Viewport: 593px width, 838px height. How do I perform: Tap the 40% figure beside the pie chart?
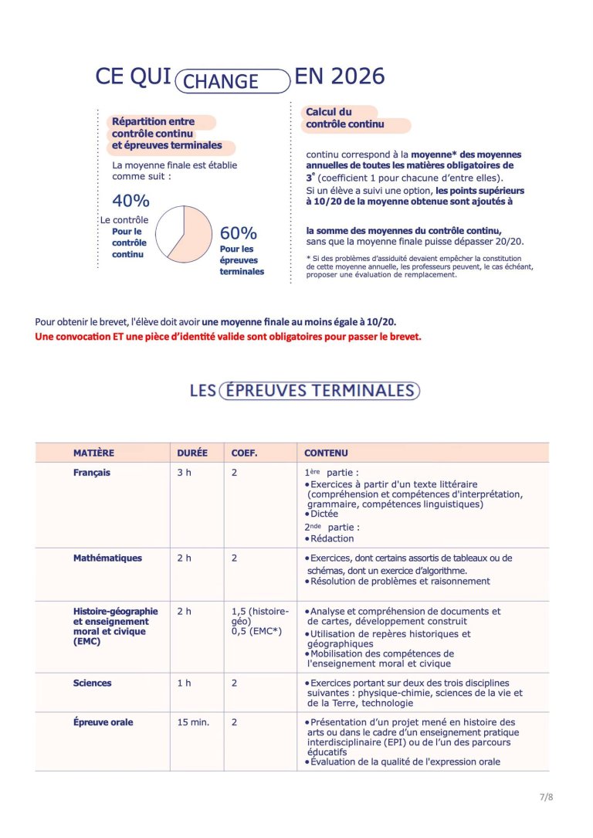pyautogui.click(x=130, y=202)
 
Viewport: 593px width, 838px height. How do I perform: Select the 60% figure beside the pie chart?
pyautogui.click(x=239, y=233)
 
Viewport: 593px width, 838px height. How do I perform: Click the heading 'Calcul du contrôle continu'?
pyautogui.click(x=344, y=118)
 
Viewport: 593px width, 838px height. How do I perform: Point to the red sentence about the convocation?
pyautogui.click(x=228, y=337)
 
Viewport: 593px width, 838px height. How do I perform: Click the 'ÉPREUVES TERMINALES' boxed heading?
pyautogui.click(x=319, y=391)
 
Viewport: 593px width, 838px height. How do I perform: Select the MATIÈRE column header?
pyautogui.click(x=93, y=453)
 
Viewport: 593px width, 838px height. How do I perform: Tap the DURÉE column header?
pyautogui.click(x=192, y=453)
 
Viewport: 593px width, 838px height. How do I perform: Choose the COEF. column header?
pyautogui.click(x=245, y=453)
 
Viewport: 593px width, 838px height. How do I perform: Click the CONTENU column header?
pyautogui.click(x=326, y=453)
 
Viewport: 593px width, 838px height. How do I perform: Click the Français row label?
pyautogui.click(x=92, y=473)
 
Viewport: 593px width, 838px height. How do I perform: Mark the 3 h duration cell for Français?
pyautogui.click(x=184, y=473)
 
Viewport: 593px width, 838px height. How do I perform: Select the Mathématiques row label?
pyautogui.click(x=107, y=558)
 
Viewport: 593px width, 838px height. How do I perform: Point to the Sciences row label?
pyautogui.click(x=93, y=683)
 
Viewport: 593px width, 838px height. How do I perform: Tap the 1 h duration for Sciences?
pyautogui.click(x=184, y=683)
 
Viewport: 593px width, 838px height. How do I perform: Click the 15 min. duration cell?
pyautogui.click(x=193, y=722)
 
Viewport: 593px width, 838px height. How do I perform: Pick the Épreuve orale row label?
pyautogui.click(x=103, y=722)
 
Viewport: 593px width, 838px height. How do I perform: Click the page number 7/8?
pyautogui.click(x=546, y=797)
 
